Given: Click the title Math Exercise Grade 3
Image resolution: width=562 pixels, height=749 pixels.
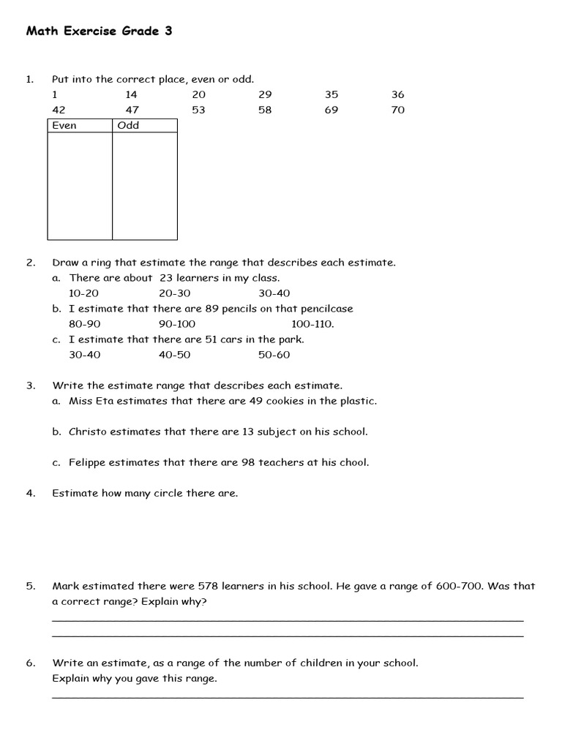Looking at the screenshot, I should pyautogui.click(x=99, y=31).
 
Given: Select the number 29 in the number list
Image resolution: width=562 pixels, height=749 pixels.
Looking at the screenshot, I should pyautogui.click(x=265, y=94).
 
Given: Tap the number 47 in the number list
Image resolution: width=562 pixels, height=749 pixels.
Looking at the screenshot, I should pyautogui.click(x=131, y=110).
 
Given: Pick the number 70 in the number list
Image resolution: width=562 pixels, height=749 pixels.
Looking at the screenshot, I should pyautogui.click(x=397, y=110).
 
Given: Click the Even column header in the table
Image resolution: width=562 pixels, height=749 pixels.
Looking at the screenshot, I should pyautogui.click(x=64, y=125).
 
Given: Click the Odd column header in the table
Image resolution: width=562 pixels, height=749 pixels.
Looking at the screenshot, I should pyautogui.click(x=128, y=125).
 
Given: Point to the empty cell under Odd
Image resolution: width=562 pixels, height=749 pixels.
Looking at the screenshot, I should pyautogui.click(x=144, y=186).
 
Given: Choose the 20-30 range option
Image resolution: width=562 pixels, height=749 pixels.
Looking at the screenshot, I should pyautogui.click(x=174, y=293).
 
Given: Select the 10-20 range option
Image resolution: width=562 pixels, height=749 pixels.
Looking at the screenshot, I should pyautogui.click(x=84, y=293).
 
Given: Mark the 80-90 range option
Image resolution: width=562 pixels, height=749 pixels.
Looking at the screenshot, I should pyautogui.click(x=84, y=324).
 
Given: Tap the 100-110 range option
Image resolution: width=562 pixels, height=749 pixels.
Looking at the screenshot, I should pyautogui.click(x=312, y=324).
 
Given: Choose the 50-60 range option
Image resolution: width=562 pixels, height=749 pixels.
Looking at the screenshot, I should pyautogui.click(x=274, y=355).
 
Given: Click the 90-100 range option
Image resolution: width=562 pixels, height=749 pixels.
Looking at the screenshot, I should pyautogui.click(x=177, y=324).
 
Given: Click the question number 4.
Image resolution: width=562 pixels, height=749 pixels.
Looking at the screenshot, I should pyautogui.click(x=31, y=493).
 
